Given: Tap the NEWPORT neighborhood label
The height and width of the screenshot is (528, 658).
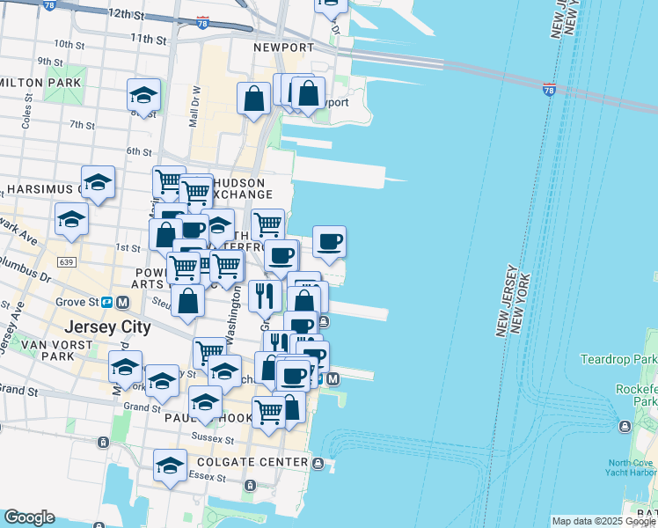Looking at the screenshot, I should click(x=283, y=48).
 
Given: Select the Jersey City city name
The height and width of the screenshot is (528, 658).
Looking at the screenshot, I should click(x=107, y=326).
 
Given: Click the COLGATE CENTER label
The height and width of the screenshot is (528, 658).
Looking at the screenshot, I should click(x=260, y=462).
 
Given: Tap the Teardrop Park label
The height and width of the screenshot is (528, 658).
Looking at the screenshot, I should click(x=618, y=359).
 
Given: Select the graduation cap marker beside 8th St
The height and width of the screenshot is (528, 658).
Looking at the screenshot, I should click(x=143, y=95).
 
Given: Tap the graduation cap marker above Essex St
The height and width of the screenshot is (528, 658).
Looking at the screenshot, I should click(x=170, y=466).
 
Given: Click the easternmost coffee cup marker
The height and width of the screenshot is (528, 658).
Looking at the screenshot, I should click(x=329, y=241).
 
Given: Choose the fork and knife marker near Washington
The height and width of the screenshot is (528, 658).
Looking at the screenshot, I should click(x=265, y=294).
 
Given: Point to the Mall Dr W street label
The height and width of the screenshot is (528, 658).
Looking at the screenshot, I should click(x=196, y=106).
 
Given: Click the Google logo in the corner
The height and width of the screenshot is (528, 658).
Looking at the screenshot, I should click(x=28, y=517).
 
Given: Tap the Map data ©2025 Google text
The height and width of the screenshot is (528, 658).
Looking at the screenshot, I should click(x=603, y=521).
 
